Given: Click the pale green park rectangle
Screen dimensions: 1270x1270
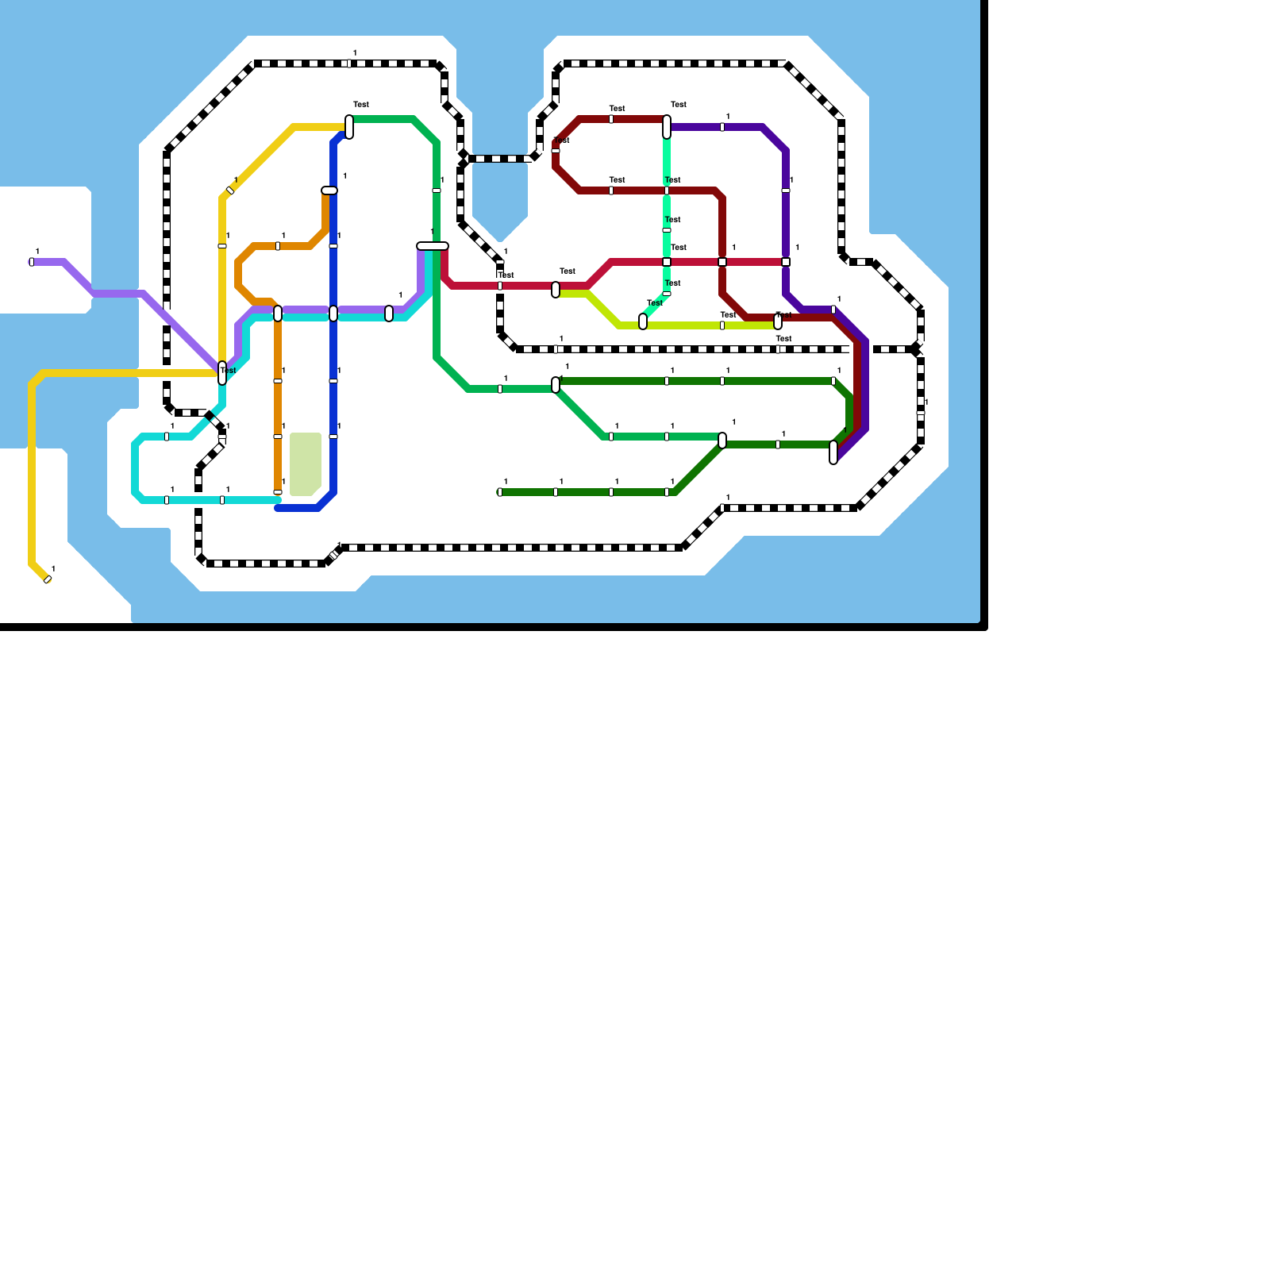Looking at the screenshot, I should pos(306,464).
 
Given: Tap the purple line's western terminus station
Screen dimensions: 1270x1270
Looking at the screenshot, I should pos(32,262).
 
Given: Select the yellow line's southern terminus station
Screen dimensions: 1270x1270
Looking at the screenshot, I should pos(48,579).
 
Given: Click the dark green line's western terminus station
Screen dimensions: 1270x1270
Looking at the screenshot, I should pos(500,492).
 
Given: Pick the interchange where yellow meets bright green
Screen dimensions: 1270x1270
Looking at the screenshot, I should pos(349,127).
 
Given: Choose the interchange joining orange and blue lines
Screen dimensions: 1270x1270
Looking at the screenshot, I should pos(329,190).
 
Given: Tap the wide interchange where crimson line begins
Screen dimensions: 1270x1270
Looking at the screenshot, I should pos(433,246).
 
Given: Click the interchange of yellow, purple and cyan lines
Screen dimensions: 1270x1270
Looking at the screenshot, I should pos(222,373).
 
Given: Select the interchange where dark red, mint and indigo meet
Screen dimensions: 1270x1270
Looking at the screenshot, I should pos(667,127).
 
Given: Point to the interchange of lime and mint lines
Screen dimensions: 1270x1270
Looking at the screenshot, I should pos(643,321).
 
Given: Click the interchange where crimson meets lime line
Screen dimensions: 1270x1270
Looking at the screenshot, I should pos(556,290).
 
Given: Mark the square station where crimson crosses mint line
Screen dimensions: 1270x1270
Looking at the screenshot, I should pos(667,262).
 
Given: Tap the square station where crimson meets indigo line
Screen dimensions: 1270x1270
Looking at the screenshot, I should pos(786,262).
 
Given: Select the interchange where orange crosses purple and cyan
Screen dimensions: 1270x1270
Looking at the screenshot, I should pos(278,314).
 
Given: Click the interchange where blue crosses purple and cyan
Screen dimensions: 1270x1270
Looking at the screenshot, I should pos(333,314).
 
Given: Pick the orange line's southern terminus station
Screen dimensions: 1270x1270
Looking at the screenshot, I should pos(278,492).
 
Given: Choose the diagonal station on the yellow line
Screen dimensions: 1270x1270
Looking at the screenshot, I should pos(230,190).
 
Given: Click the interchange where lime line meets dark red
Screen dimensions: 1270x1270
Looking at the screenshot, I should pos(778,321).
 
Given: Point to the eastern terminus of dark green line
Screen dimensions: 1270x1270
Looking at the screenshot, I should pos(833,452).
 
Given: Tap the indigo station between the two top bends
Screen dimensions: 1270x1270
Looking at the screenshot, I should pos(722,127).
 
